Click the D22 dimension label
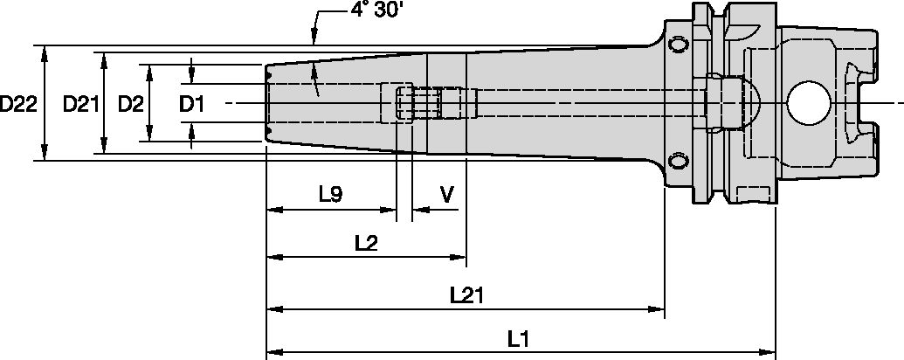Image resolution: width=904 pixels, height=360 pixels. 18,104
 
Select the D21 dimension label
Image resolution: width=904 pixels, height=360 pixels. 80,104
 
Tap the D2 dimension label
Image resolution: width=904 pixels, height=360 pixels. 130,104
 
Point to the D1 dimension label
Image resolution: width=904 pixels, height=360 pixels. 191,104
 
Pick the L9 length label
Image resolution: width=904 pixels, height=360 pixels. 330,195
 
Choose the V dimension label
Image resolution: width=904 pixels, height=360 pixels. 445,195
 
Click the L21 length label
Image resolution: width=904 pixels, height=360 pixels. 468,295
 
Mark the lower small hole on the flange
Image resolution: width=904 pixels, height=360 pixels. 678,161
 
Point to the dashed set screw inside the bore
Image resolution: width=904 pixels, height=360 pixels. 404,104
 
